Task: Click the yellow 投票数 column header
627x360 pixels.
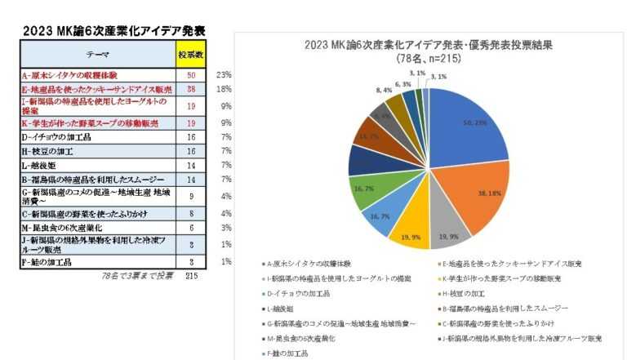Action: tap(190, 54)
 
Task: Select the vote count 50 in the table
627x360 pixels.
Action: tap(190, 75)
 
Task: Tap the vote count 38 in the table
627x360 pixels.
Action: tap(190, 89)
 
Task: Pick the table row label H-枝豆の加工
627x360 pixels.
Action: tap(50, 151)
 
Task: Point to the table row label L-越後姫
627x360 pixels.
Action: tap(42, 165)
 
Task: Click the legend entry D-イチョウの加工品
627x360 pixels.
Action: tap(299, 293)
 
